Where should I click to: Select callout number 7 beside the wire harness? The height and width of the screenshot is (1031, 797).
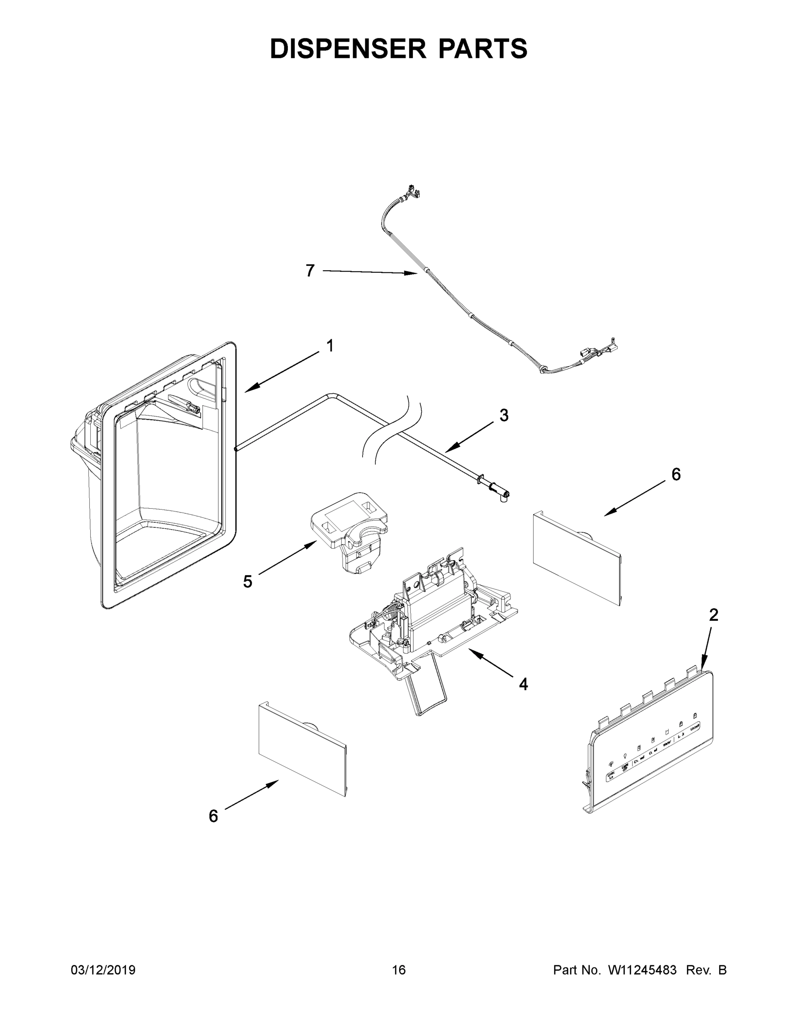point(310,271)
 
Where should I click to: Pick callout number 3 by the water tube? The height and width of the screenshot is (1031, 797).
point(504,415)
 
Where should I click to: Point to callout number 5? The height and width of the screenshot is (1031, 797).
point(247,582)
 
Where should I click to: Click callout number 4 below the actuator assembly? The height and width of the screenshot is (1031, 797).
point(523,684)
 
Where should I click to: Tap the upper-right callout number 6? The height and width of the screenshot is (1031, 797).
point(676,474)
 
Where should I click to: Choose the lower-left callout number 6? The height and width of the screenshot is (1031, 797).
point(214,816)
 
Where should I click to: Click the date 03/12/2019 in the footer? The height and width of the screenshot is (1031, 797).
point(103,970)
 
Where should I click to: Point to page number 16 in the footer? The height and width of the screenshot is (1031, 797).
point(399,970)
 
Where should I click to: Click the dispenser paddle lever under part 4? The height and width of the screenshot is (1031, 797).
point(428,693)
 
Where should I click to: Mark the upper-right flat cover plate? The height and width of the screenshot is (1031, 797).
point(577,557)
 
